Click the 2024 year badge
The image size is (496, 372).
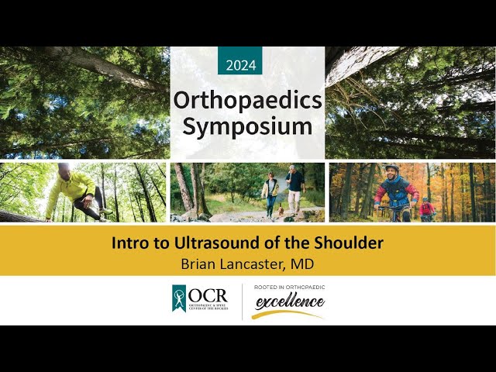pos(240,65)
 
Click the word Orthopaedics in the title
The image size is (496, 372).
pos(247,100)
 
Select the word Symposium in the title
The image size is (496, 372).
pos(247,126)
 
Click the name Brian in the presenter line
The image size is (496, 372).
pos(200,264)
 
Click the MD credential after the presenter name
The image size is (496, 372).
pos(303,264)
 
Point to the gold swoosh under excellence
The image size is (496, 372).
pos(288,314)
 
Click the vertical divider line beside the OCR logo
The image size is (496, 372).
pos(242,301)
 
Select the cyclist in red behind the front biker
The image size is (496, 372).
pos(425,209)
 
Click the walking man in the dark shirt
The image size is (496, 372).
pos(294,188)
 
